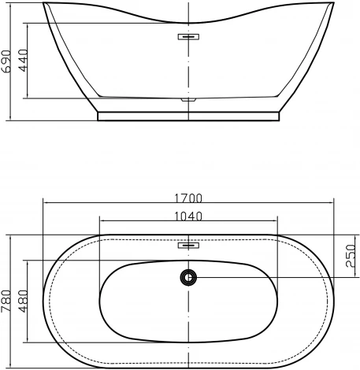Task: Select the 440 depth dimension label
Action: tap(25, 61)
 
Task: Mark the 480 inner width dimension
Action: tap(25, 301)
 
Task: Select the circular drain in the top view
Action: tap(189, 276)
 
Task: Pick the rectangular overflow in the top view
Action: tap(189, 245)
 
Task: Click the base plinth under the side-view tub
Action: tap(189, 115)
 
